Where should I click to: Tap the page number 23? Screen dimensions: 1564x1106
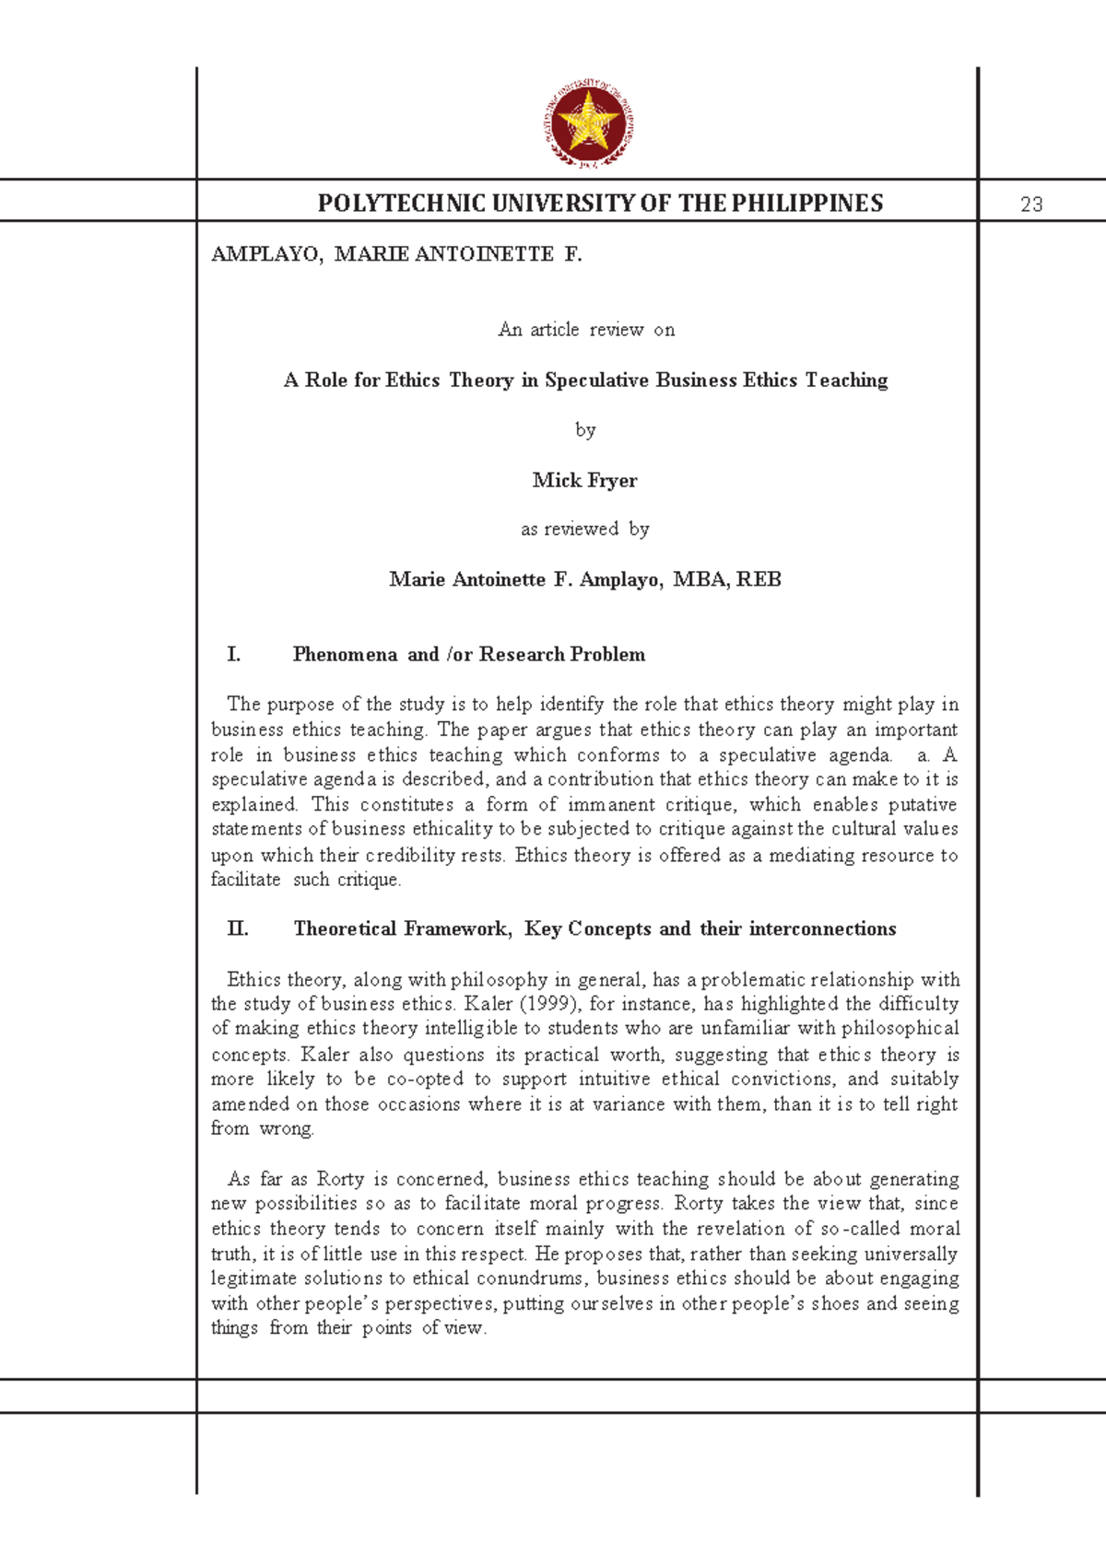[x=1031, y=204]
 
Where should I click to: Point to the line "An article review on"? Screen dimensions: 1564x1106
[x=586, y=330]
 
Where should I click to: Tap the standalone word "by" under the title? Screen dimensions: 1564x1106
[x=585, y=430]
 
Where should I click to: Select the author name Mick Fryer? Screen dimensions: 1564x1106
[x=585, y=480]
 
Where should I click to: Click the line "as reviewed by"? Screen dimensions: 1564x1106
[x=585, y=530]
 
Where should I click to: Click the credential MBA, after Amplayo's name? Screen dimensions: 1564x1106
[x=701, y=579]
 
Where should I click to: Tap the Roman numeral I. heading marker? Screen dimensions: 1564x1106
[x=234, y=655]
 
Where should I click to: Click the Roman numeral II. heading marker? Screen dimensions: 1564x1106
[x=238, y=929]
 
